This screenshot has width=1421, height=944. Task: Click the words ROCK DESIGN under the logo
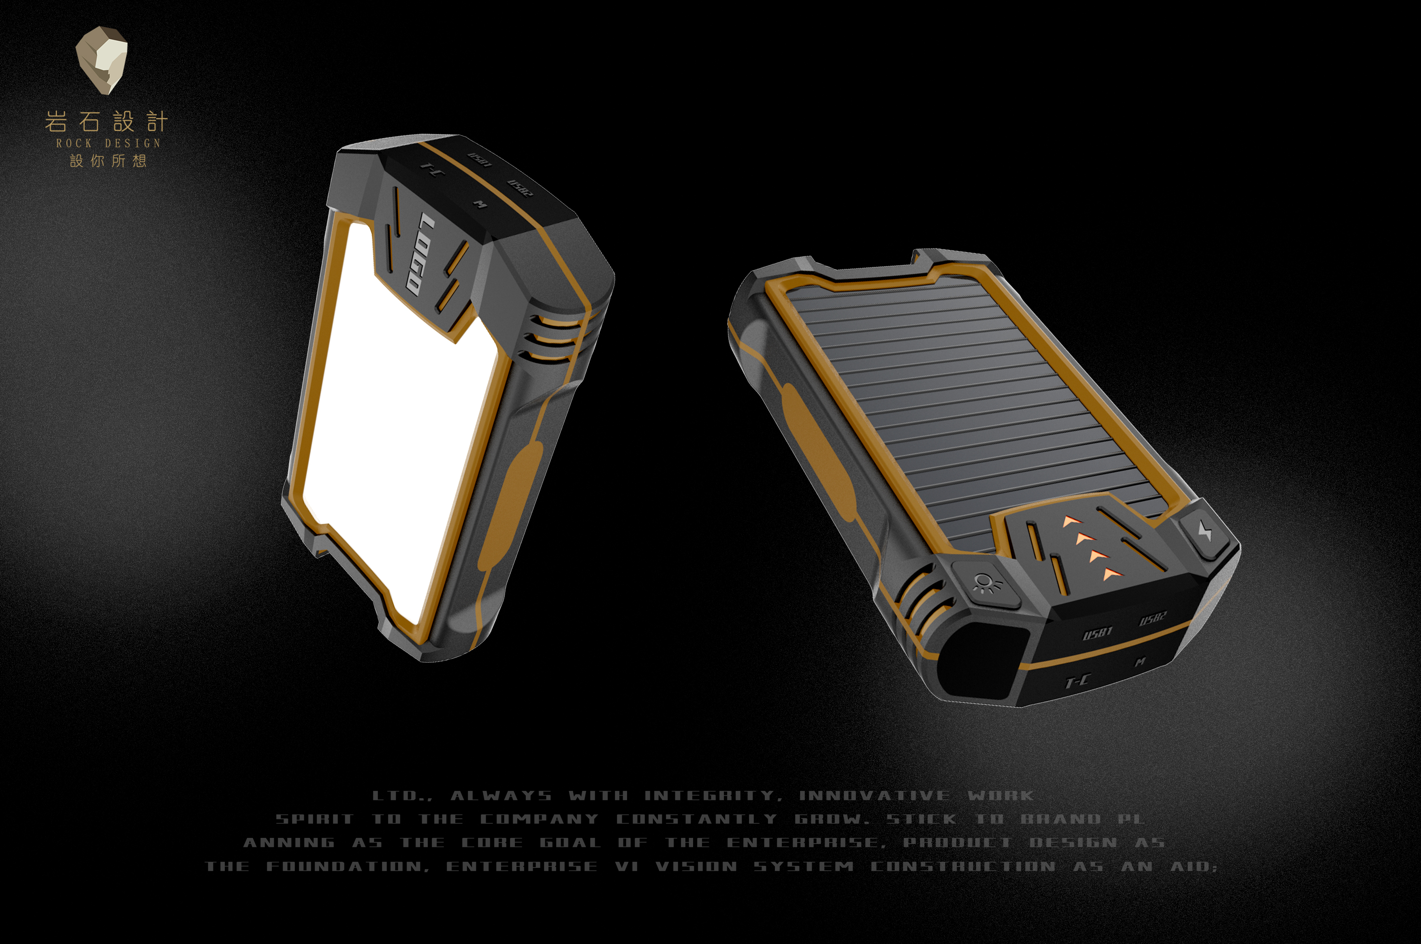[109, 143]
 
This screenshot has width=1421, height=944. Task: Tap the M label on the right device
[1140, 662]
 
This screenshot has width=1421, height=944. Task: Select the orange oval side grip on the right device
[819, 452]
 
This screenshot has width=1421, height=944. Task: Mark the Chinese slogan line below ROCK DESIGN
[109, 161]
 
